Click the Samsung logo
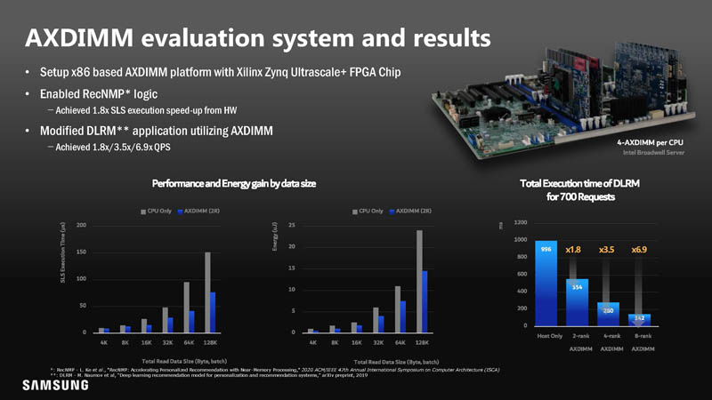coord(52,385)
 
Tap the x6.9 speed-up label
coord(640,250)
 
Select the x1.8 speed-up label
coord(574,250)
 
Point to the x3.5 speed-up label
coord(607,250)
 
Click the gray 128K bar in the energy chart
coord(418,281)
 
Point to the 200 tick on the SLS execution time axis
coord(81,226)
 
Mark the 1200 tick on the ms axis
coord(521,223)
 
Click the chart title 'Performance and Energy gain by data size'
coord(234,183)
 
